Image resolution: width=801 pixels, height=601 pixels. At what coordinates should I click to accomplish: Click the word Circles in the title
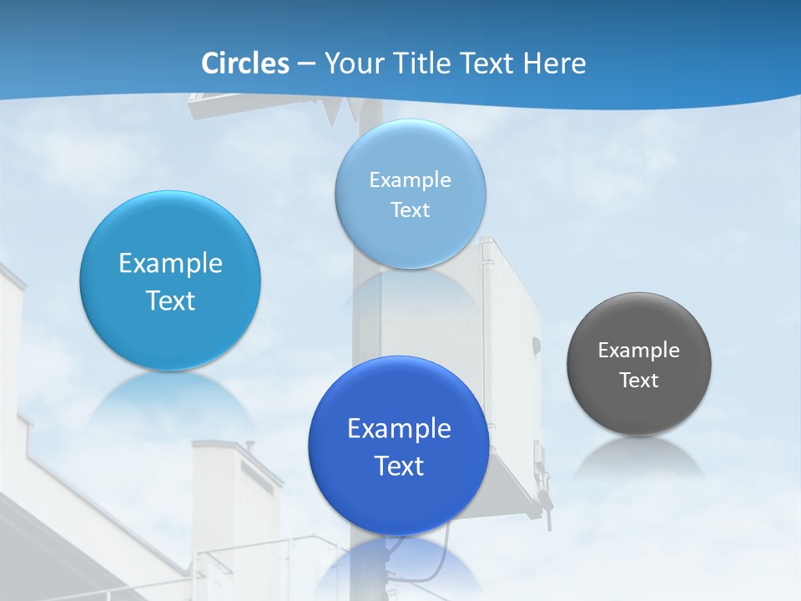point(245,63)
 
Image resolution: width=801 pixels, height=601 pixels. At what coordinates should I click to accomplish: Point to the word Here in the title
point(555,63)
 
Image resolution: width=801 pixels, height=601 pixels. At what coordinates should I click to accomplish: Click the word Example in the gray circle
point(639,351)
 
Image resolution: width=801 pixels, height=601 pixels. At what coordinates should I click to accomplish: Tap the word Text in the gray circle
point(639,381)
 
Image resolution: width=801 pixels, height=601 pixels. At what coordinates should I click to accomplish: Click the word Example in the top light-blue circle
point(411,180)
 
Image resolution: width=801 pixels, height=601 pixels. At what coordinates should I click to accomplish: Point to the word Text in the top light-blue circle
point(411,210)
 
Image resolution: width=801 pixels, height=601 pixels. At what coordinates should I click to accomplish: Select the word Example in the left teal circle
point(170,264)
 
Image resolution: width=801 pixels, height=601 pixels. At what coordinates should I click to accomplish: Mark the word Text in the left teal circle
point(170,300)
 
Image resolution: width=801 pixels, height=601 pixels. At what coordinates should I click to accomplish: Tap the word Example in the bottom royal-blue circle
point(399,429)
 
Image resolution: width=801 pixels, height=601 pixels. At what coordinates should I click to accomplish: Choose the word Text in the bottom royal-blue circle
point(399,466)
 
